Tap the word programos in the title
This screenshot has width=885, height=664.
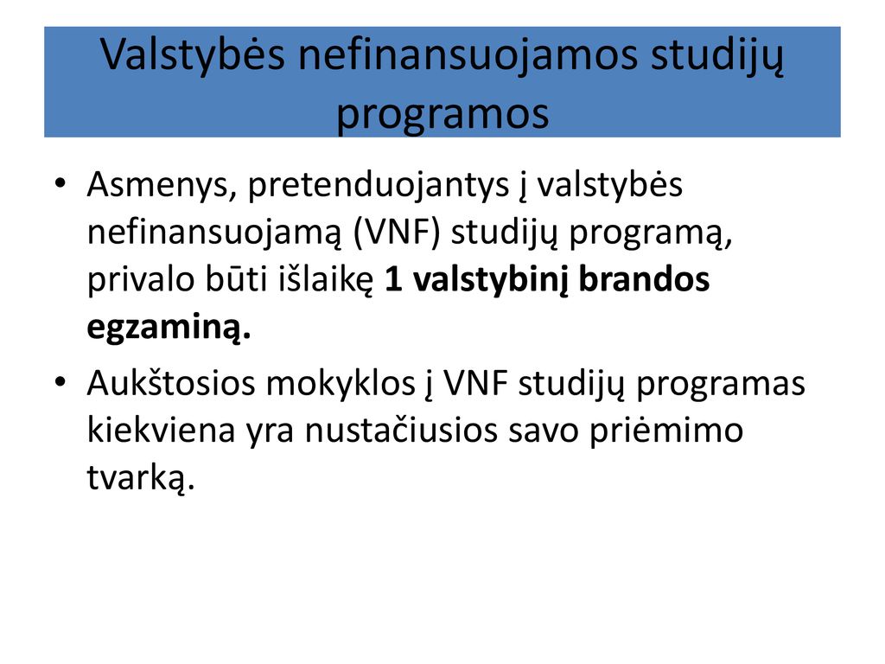pos(442,114)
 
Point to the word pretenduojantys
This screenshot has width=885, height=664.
pos(379,186)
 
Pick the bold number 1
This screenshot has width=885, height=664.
pos(393,280)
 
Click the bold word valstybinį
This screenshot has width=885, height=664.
pos(490,281)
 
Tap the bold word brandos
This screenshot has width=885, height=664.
pos(644,279)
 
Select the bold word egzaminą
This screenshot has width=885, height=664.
pos(169,328)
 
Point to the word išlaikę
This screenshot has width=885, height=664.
pos(325,280)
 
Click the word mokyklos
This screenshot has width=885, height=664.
pos(341,385)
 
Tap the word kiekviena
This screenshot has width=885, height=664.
pos(161,431)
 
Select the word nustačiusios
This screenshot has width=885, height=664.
pos(401,431)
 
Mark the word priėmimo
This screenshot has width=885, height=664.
pos(666,432)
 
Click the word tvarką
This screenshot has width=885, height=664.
pos(141,479)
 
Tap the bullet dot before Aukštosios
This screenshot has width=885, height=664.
pos(60,382)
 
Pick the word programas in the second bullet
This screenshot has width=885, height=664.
pos(720,385)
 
